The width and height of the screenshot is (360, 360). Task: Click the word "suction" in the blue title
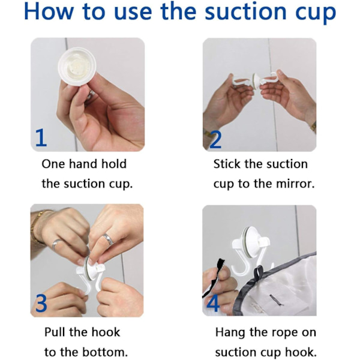click(x=245, y=11)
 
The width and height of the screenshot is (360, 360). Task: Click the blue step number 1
click(x=41, y=137)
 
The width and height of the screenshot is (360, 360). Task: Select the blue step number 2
click(x=215, y=139)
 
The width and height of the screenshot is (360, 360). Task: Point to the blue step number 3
click(x=41, y=303)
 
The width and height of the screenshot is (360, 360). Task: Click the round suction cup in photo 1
click(x=77, y=67)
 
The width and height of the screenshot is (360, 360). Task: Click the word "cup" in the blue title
click(x=314, y=13)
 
